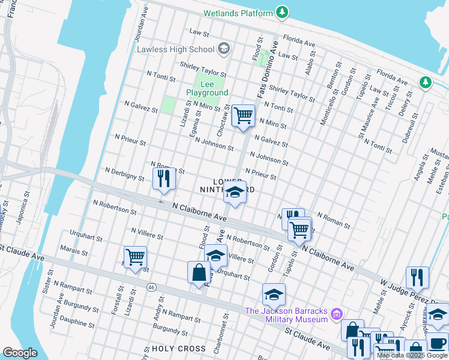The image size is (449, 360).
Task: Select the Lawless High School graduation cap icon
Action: [x=223, y=49]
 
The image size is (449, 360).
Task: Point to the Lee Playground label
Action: [x=207, y=89]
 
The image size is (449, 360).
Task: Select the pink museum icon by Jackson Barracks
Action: [x=338, y=313]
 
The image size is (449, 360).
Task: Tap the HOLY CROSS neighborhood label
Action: [x=178, y=349]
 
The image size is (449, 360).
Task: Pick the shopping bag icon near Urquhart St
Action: [x=199, y=272]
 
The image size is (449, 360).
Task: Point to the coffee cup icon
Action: [x=436, y=344]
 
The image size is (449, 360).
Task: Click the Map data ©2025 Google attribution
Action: [x=412, y=355]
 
